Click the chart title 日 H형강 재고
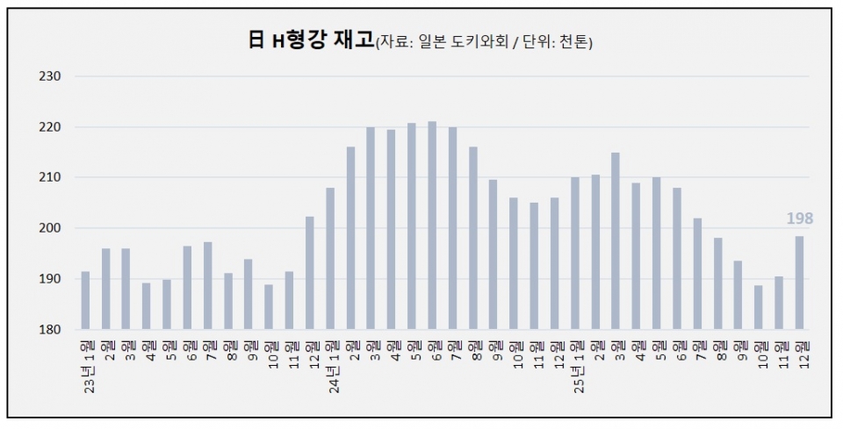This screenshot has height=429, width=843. pos(311,39)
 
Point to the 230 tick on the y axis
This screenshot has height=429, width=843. pos(49,76)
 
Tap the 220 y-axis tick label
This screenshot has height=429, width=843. pos(49,127)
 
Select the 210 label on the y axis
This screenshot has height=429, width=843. pos(49,177)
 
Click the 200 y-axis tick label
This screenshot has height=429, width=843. pos(49,228)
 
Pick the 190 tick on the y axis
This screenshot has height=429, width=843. pos(49,279)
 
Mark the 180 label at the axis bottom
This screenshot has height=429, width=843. pos(49,329)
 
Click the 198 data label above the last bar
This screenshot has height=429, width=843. pos(800,218)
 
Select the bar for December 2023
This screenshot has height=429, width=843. pos(310,273)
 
